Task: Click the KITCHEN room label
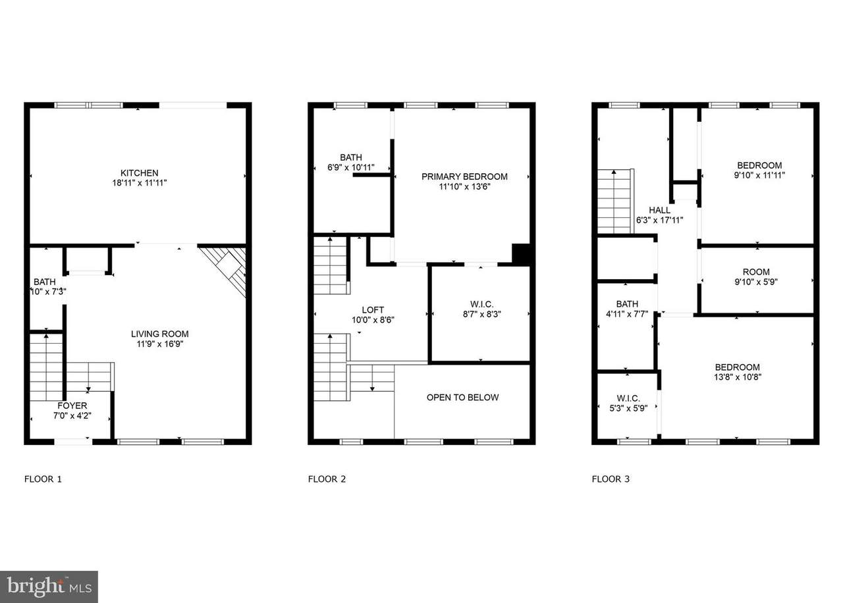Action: pyautogui.click(x=139, y=173)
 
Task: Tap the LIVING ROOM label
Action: pyautogui.click(x=159, y=334)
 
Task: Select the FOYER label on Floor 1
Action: pyautogui.click(x=72, y=406)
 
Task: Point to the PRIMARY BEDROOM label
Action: pyautogui.click(x=464, y=176)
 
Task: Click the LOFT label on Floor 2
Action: pyautogui.click(x=373, y=310)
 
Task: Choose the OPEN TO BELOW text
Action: pyautogui.click(x=462, y=397)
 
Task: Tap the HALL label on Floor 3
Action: pyautogui.click(x=659, y=210)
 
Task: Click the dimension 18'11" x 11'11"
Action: pyautogui.click(x=139, y=183)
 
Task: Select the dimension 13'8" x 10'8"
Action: pyautogui.click(x=738, y=377)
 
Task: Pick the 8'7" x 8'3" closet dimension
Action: pyautogui.click(x=481, y=314)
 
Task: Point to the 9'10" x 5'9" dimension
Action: pyautogui.click(x=756, y=282)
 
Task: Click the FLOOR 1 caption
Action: pyautogui.click(x=43, y=479)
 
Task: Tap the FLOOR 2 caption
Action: pyautogui.click(x=327, y=479)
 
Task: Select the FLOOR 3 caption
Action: pyautogui.click(x=611, y=479)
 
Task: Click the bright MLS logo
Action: pyautogui.click(x=49, y=587)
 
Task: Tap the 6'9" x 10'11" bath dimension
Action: pyautogui.click(x=351, y=167)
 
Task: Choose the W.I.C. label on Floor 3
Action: pyautogui.click(x=628, y=398)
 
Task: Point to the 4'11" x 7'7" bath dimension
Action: pyautogui.click(x=627, y=314)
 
